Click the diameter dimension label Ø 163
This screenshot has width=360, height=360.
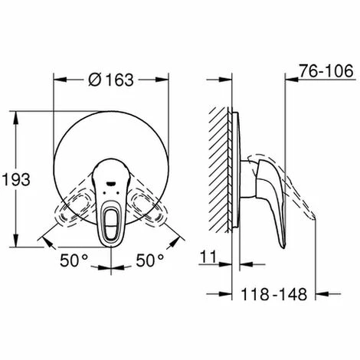click(x=111, y=80)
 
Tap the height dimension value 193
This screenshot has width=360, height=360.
click(x=16, y=179)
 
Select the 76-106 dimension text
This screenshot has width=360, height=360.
click(x=326, y=70)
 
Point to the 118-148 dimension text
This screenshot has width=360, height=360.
click(x=273, y=294)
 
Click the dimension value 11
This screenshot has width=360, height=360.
click(x=208, y=257)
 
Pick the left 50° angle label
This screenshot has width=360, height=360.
click(x=74, y=260)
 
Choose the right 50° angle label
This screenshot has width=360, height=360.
click(x=150, y=260)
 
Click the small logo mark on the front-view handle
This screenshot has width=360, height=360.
click(x=111, y=183)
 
